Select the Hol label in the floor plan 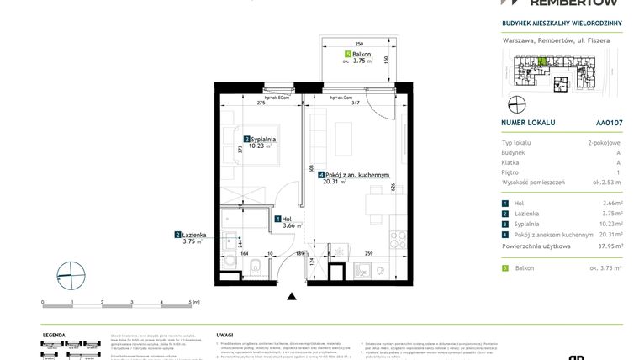(289, 219)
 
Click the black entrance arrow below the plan (292, 296)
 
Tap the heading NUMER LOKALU (527, 122)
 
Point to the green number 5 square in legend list (504, 267)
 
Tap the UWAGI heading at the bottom (224, 334)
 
